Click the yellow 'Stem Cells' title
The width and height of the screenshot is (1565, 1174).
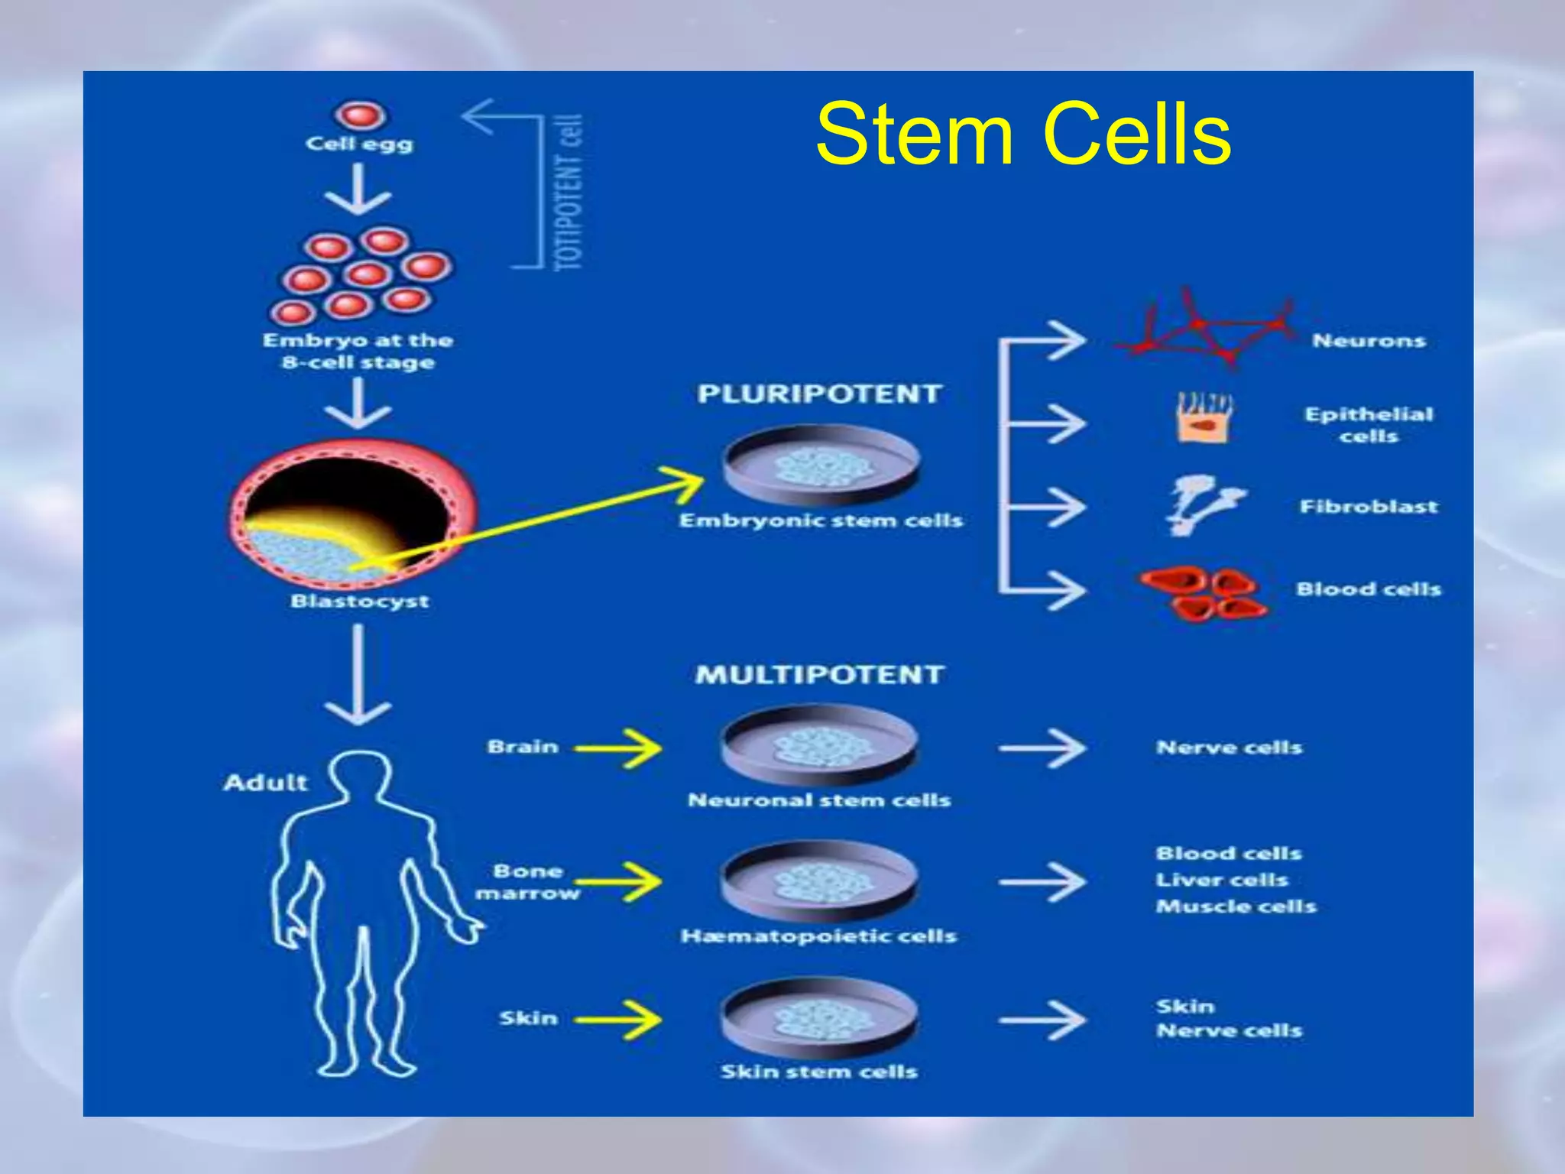tap(1023, 135)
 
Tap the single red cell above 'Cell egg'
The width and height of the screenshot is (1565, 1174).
tap(359, 117)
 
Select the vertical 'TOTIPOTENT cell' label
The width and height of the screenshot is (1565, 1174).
tap(570, 193)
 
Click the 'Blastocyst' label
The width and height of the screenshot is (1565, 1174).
tap(359, 602)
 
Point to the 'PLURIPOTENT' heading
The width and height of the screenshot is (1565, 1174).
tap(818, 394)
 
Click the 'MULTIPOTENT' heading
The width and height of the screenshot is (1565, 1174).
tap(818, 675)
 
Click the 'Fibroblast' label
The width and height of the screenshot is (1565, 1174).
tap(1368, 507)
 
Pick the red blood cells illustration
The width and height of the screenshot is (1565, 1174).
tap(1204, 593)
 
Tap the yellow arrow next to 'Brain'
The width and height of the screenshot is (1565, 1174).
tap(619, 748)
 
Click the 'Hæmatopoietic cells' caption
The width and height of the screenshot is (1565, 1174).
tap(818, 936)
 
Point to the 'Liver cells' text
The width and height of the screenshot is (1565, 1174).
tap(1222, 880)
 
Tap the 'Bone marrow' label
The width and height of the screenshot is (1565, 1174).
tap(527, 882)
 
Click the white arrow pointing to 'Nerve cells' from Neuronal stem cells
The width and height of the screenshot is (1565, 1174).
tap(1043, 748)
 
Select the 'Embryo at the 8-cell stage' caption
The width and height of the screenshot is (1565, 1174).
tap(358, 351)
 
